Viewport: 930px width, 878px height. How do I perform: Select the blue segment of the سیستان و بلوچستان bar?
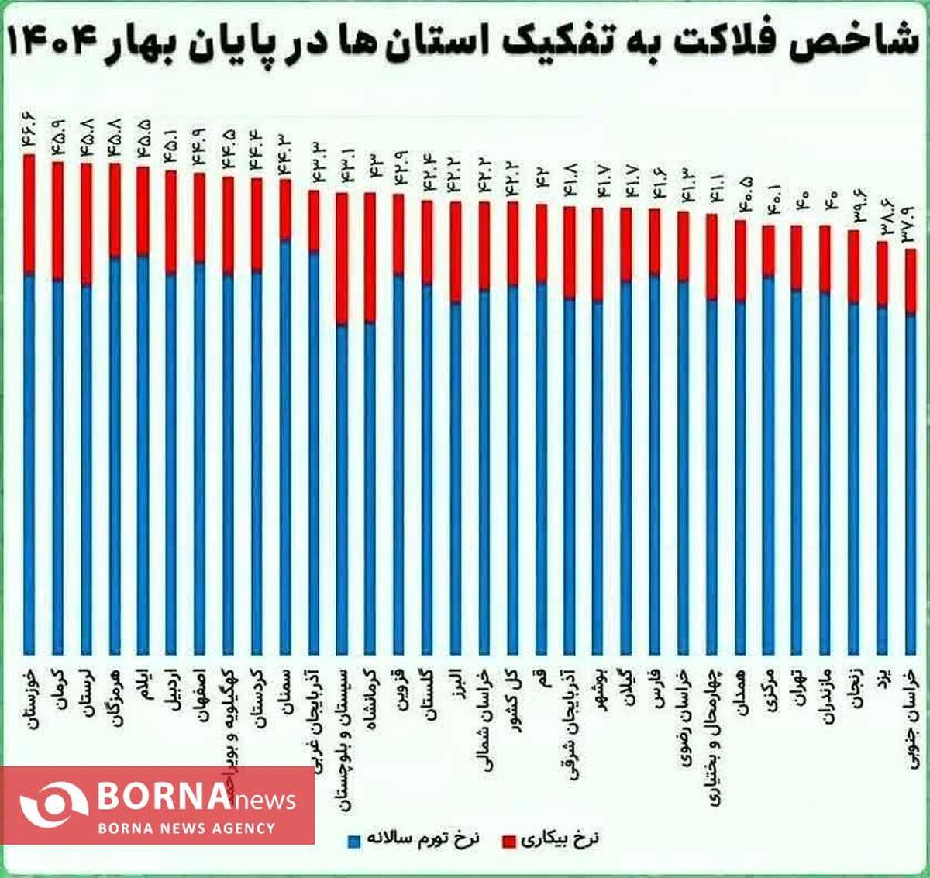(x=343, y=488)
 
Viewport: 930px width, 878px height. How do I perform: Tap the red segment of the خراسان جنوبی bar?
(x=911, y=281)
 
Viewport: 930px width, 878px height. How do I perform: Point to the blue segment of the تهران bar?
(x=797, y=473)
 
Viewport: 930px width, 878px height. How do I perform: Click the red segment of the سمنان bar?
(x=285, y=210)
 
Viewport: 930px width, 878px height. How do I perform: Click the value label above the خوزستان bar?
(x=30, y=132)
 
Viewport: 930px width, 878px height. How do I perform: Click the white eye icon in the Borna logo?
(x=53, y=805)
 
